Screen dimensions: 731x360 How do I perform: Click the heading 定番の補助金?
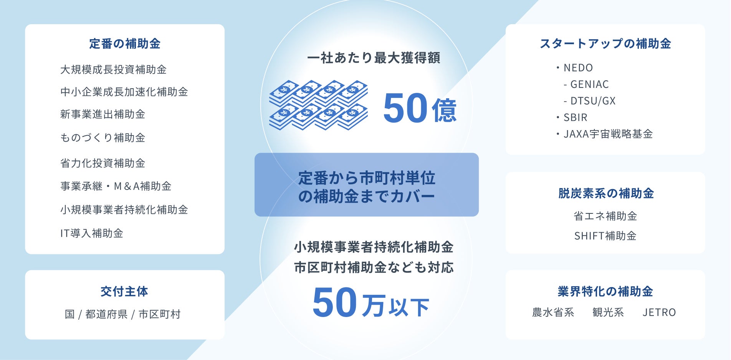pyautogui.click(x=125, y=44)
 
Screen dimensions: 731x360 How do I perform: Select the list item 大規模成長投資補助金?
pyautogui.click(x=113, y=69)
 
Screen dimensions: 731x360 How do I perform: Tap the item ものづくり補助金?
pyautogui.click(x=103, y=137)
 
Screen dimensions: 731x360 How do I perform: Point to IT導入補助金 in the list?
pyautogui.click(x=92, y=233)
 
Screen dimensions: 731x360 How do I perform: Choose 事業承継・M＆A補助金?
pyautogui.click(x=116, y=186)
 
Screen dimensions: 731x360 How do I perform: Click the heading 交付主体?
pyautogui.click(x=124, y=291)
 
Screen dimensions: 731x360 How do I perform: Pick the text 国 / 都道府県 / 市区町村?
pyautogui.click(x=123, y=314)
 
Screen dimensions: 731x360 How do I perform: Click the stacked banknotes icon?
pyautogui.click(x=318, y=105)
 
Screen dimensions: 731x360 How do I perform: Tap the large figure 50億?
pyautogui.click(x=420, y=108)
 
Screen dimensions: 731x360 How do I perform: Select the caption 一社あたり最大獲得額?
pyautogui.click(x=374, y=58)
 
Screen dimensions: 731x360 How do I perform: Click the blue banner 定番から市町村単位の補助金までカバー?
pyautogui.click(x=367, y=185)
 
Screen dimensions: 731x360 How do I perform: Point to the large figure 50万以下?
pyautogui.click(x=371, y=303)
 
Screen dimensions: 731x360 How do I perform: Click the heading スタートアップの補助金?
pyautogui.click(x=605, y=44)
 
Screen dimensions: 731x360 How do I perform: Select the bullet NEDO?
pyautogui.click(x=574, y=68)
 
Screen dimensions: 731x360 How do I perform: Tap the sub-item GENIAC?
pyautogui.click(x=586, y=84)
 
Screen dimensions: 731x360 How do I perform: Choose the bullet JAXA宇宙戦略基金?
pyautogui.click(x=604, y=134)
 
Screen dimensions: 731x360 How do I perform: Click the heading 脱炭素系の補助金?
pyautogui.click(x=606, y=193)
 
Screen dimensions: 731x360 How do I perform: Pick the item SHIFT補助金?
pyautogui.click(x=605, y=236)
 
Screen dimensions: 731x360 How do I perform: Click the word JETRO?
pyautogui.click(x=659, y=312)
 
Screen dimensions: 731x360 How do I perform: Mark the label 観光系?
pyautogui.click(x=608, y=312)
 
